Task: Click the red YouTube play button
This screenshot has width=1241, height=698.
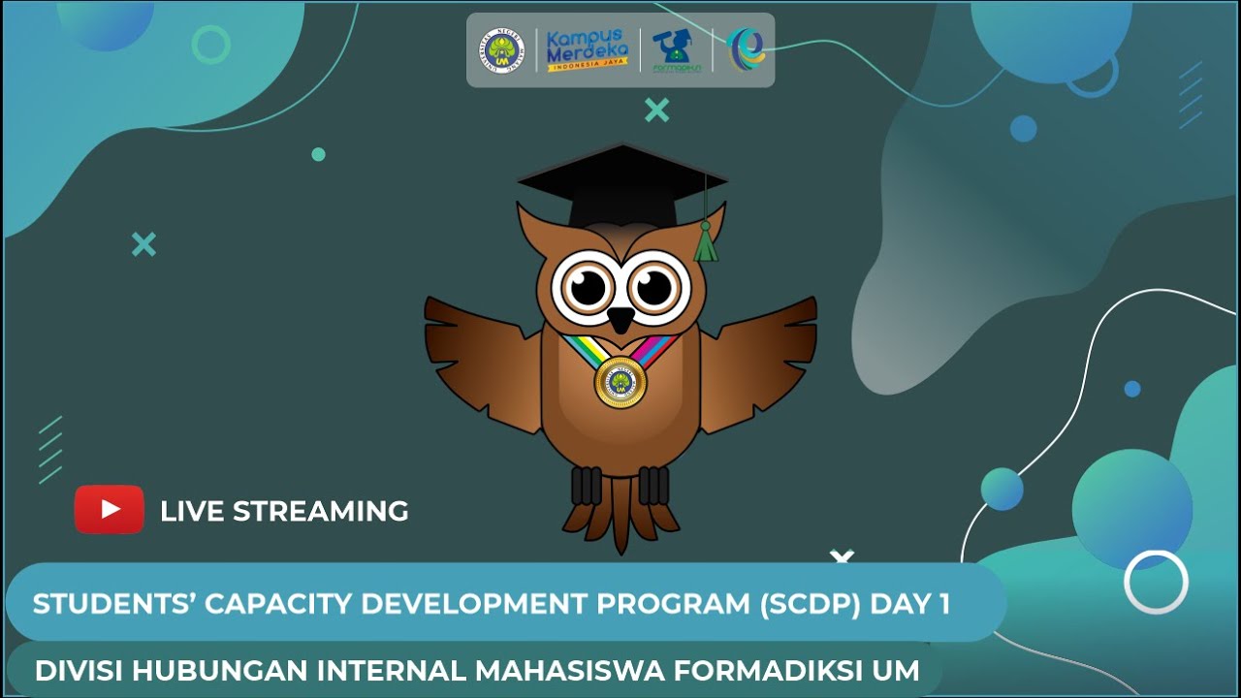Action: (x=109, y=510)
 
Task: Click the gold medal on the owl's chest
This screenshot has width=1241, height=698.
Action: (x=620, y=382)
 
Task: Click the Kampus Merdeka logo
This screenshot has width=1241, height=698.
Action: (x=588, y=49)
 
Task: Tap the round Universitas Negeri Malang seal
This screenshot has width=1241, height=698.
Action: (x=502, y=50)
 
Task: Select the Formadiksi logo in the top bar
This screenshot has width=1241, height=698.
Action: (x=676, y=50)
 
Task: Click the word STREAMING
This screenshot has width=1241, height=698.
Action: (x=321, y=511)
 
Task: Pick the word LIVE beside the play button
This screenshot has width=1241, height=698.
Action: (x=192, y=511)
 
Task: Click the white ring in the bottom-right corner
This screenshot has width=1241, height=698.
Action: (x=1156, y=582)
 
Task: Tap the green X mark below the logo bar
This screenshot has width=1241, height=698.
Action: (x=656, y=111)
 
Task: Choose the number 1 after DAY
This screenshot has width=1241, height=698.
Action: (x=943, y=604)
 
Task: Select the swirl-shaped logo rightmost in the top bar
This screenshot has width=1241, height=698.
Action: (x=746, y=49)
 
